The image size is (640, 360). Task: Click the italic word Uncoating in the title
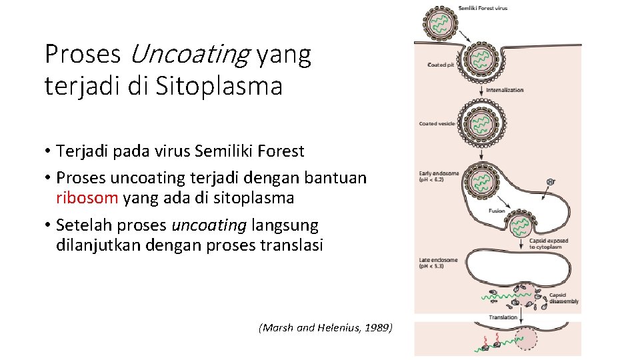click(189, 55)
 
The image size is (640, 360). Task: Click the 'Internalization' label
click(505, 90)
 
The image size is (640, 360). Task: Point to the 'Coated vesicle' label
click(437, 123)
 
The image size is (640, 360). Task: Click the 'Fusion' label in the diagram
click(497, 211)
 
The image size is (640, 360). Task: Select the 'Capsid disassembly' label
click(563, 298)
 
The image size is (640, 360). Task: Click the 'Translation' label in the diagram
click(503, 317)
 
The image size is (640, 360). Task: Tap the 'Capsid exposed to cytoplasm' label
click(548, 243)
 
